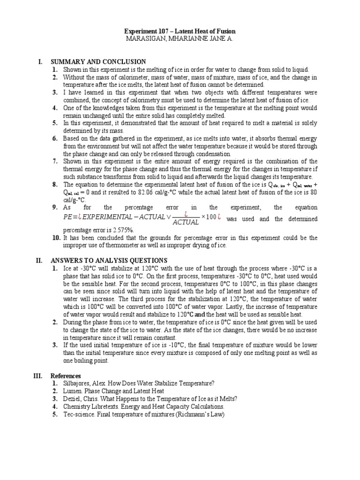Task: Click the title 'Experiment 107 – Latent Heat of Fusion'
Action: (180, 30)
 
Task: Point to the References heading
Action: (66, 376)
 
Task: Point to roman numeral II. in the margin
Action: (40, 260)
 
